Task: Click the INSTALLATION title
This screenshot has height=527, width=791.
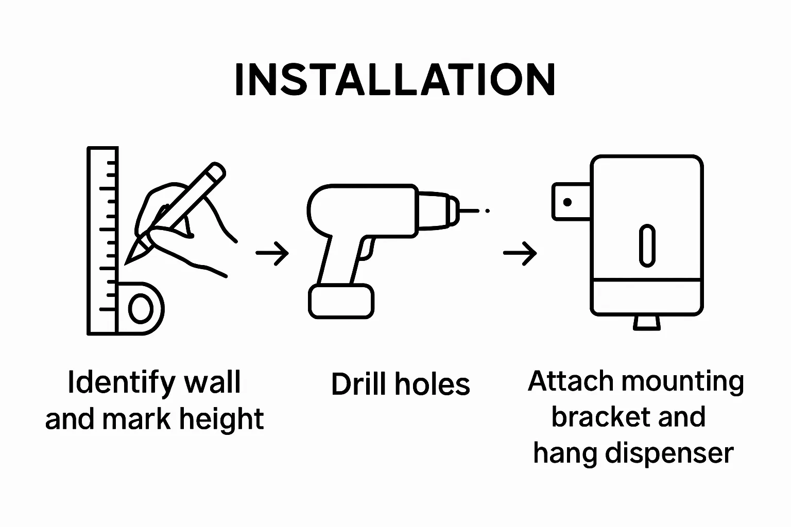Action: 395,79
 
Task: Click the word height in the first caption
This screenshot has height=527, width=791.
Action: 221,419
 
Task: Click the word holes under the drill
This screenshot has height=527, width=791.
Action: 433,384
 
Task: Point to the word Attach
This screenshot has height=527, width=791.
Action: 571,381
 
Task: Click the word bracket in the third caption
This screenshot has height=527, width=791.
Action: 600,417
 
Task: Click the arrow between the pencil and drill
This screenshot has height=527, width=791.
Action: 272,253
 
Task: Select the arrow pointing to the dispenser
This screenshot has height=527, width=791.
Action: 520,253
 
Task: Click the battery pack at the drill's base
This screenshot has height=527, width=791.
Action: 341,301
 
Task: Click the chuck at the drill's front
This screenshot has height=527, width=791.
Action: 439,210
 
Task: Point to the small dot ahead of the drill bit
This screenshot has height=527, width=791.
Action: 487,210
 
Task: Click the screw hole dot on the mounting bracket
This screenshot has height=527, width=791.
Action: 568,202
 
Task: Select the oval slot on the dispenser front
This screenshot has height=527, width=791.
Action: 647,245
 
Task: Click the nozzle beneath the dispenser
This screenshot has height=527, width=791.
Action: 647,323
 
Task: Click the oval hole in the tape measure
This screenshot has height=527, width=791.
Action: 141,309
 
